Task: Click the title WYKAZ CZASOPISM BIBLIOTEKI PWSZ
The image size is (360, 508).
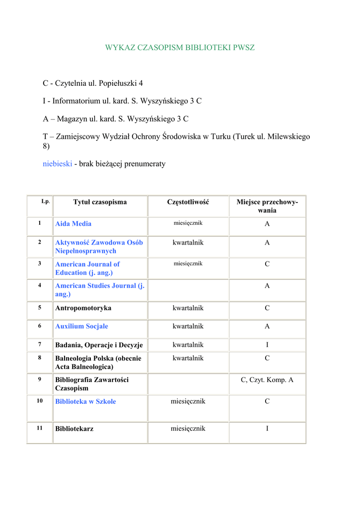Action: pos(180,48)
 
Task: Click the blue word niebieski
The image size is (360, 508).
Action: pos(58,164)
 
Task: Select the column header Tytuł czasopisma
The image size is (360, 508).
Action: pos(100,202)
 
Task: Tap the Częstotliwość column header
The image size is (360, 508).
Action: pos(188,202)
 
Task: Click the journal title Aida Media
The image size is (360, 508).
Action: pos(73,224)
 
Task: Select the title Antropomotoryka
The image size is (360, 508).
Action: pos(83,308)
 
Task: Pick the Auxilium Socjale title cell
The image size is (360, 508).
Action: pos(81,326)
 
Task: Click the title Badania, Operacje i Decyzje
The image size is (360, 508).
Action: pos(99,345)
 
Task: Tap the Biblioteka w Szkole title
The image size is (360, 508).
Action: pos(85,401)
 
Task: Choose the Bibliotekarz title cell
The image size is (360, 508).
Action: pos(74,429)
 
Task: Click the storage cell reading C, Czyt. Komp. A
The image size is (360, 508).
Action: pos(267,380)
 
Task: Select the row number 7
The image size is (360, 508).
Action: pos(39,344)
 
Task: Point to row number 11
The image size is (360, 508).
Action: pos(39,428)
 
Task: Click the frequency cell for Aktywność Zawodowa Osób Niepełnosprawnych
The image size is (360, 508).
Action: pos(188,243)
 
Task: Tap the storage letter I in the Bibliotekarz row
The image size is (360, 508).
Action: pos(267,429)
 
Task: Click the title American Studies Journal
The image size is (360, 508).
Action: pos(99,290)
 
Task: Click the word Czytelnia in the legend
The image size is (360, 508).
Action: pos(71,83)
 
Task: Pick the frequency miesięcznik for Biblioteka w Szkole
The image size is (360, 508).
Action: pos(188,401)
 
